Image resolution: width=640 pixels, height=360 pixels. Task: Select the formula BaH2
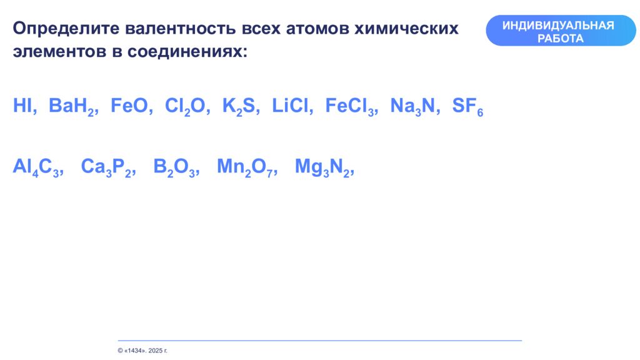[x=72, y=107]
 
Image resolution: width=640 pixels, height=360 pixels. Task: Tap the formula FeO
[x=129, y=105]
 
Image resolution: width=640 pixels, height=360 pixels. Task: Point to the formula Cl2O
[x=185, y=107]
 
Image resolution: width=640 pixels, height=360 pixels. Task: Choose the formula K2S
[x=239, y=107]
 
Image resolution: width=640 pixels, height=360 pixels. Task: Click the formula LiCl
[x=290, y=105]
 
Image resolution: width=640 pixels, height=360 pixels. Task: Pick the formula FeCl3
[x=350, y=107]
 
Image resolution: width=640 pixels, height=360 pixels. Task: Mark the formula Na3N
[x=412, y=107]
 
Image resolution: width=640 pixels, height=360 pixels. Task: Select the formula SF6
[x=467, y=107]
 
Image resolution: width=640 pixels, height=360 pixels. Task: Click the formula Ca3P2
[x=106, y=167]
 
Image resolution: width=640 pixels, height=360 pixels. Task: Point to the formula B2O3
[x=174, y=167]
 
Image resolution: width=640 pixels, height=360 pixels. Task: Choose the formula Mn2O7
[x=245, y=167]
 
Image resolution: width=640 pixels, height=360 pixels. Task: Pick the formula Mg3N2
[x=322, y=167]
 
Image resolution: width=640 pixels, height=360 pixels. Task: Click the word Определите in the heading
[x=66, y=29]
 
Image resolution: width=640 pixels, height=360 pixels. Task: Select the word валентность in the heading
[x=181, y=29]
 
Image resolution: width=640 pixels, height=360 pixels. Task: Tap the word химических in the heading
[x=406, y=29]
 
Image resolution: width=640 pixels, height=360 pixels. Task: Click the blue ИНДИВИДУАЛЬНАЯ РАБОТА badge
[x=561, y=31]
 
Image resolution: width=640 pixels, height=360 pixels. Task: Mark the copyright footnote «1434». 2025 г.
[x=142, y=351]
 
